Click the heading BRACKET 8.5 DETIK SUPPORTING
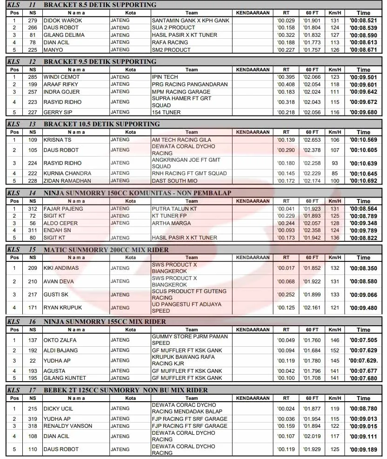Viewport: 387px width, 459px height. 100,5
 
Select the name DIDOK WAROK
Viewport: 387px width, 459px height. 62,21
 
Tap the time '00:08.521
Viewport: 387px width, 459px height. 363,21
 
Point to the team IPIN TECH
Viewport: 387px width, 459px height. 165,77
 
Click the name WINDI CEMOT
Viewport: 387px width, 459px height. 61,77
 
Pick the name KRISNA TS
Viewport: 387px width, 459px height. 57,140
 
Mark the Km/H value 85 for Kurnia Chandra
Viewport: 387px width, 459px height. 334,173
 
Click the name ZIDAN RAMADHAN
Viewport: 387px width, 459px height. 67,181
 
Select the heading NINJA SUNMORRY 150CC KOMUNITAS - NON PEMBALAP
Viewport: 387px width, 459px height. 137,193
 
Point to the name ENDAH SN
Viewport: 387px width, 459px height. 57,230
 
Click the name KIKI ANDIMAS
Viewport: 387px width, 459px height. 61,268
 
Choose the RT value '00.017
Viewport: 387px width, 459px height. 286,268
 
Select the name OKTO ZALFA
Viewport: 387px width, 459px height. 60,340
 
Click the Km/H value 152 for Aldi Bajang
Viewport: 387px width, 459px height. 334,350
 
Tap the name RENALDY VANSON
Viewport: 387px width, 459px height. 68,426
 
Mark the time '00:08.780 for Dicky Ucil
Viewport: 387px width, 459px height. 363,409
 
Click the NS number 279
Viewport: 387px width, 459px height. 32,21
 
